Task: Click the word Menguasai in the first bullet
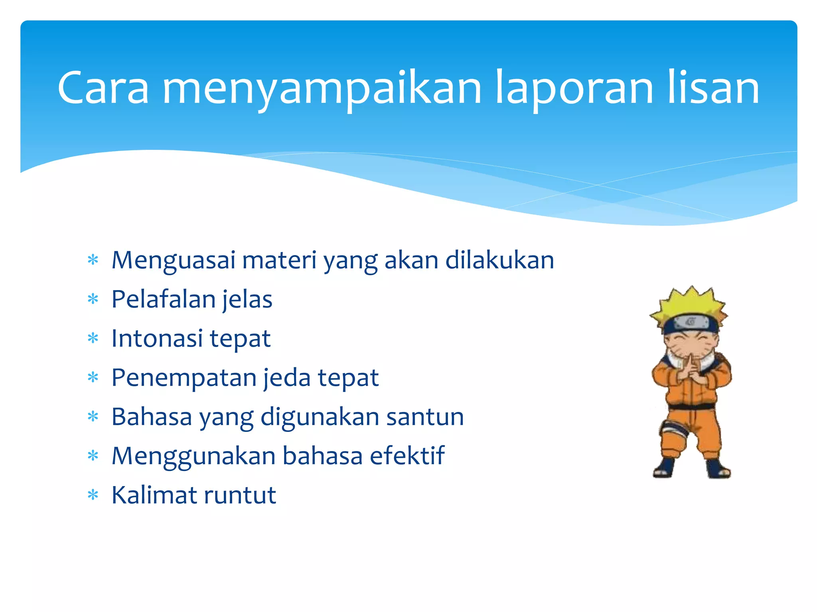[174, 261]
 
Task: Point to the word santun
[425, 417]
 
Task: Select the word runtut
[240, 496]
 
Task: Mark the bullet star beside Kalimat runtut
[93, 495]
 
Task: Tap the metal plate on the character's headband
[691, 321]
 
